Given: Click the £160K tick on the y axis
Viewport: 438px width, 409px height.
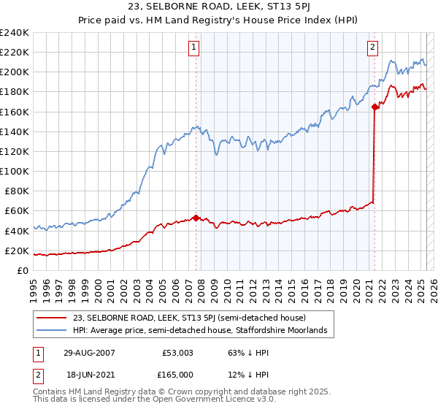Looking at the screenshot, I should tap(15, 112).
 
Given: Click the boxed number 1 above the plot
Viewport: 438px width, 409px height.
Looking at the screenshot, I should tap(195, 47).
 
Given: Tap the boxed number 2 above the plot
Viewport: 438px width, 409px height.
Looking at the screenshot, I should tap(372, 47).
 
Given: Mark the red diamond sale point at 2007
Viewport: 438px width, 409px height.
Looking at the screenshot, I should tap(196, 217).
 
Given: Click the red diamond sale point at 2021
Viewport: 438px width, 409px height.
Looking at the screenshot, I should tap(375, 107).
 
